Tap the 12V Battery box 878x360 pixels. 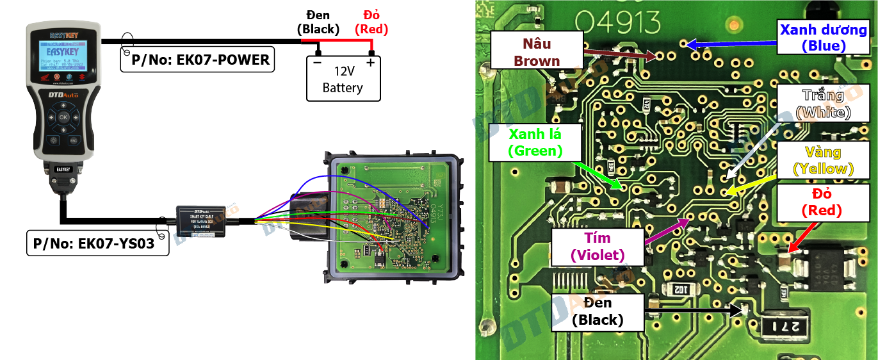tap(343, 79)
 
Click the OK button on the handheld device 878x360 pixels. tap(63, 117)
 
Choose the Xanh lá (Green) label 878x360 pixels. tap(535, 143)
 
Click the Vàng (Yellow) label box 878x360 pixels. tap(823, 160)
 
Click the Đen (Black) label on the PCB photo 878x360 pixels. tap(598, 311)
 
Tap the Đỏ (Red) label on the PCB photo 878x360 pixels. tap(823, 202)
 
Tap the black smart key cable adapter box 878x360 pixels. tap(200, 220)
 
